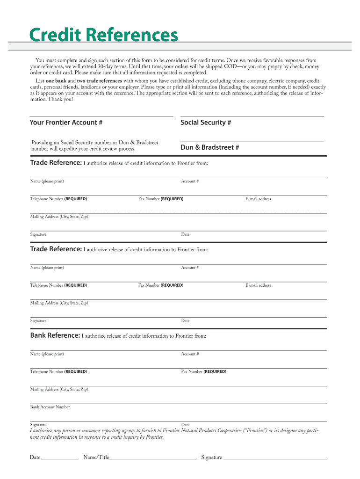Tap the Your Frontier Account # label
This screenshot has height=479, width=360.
pyautogui.click(x=66, y=123)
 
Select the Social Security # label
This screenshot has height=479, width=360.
pyautogui.click(x=206, y=123)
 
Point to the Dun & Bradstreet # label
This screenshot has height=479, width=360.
pyautogui.click(x=210, y=147)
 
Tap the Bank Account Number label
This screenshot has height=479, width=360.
pyautogui.click(x=50, y=407)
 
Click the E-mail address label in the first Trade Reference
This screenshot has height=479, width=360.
pyautogui.click(x=258, y=199)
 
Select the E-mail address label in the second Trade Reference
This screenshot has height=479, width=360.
pyautogui.click(x=258, y=285)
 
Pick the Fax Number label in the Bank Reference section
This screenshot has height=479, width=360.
pyautogui.click(x=203, y=372)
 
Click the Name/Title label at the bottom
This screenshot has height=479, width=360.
pyautogui.click(x=96, y=457)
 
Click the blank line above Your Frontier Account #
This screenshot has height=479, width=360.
pyautogui.click(x=101, y=116)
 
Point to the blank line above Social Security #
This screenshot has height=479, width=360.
pyautogui.click(x=252, y=116)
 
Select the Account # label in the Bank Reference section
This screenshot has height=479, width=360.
pyautogui.click(x=190, y=354)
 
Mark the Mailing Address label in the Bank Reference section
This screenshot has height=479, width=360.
pyautogui.click(x=59, y=389)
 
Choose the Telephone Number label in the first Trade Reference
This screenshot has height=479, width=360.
pyautogui.click(x=58, y=199)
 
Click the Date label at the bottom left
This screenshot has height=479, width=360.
pyautogui.click(x=35, y=457)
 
